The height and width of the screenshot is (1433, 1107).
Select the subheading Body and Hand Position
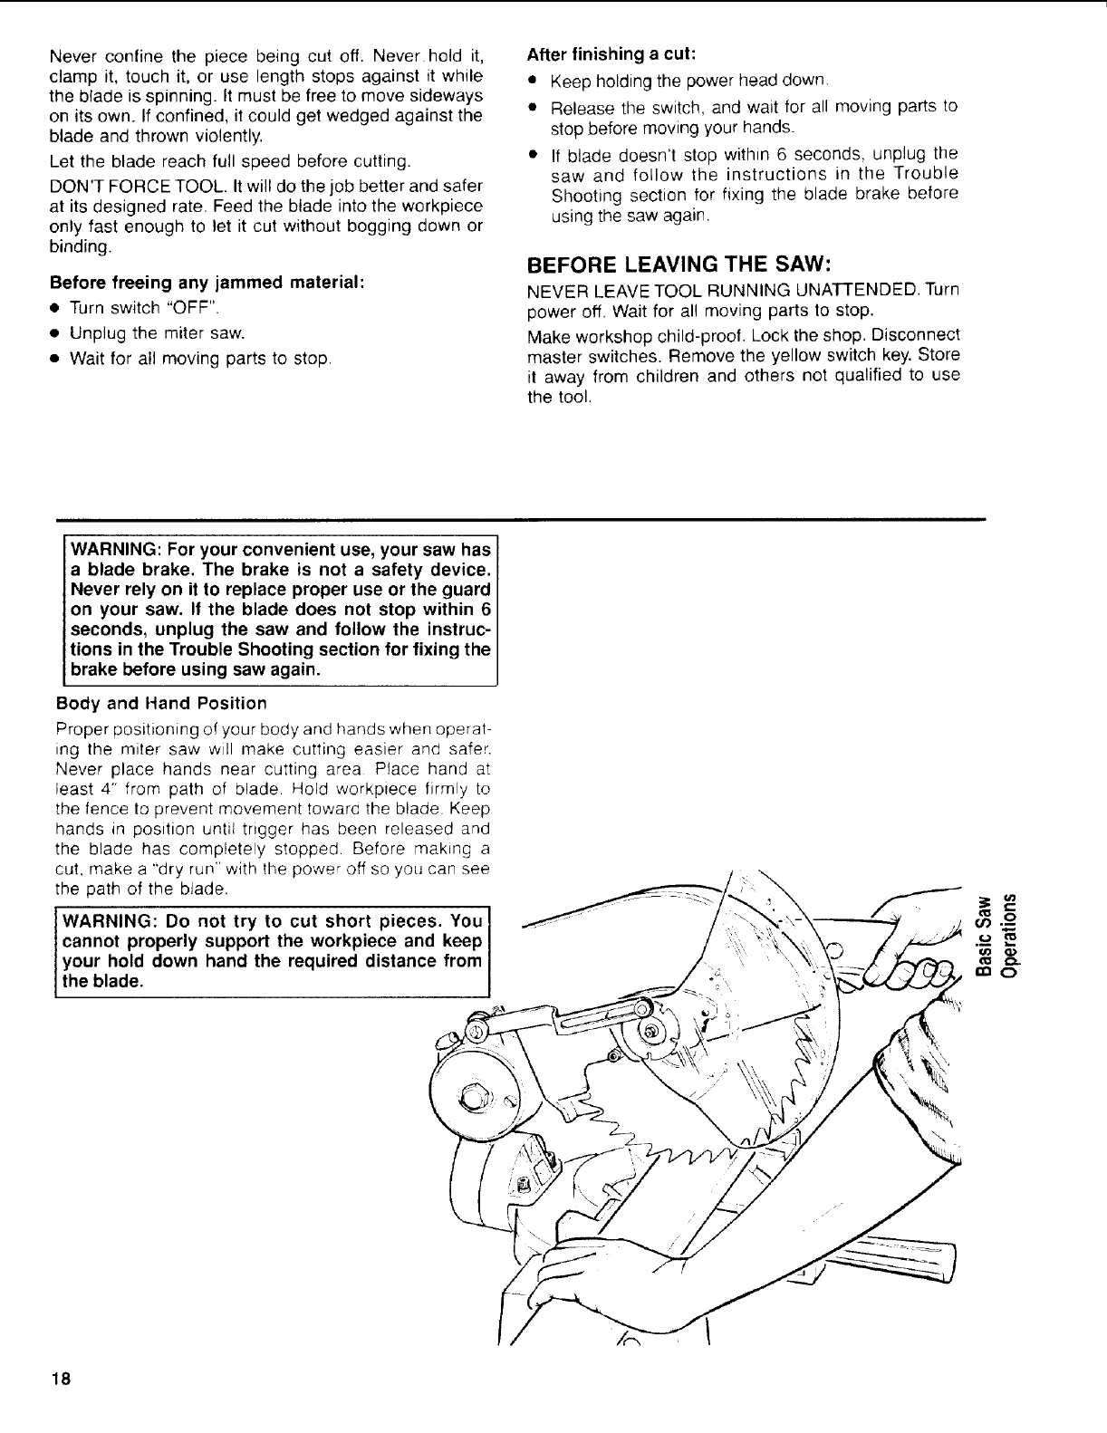161,703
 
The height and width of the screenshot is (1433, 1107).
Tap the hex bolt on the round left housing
473,1099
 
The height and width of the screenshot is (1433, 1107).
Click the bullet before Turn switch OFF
55,308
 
